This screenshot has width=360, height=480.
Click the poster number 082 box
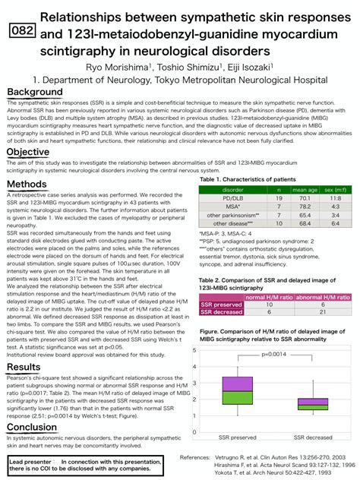23,30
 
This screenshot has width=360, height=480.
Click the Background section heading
35,92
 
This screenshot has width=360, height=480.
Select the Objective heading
28,153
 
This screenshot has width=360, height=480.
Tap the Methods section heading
27,184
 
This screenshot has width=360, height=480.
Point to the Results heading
24,368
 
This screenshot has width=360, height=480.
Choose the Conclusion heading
32,427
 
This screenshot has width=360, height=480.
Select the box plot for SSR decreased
314,404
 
